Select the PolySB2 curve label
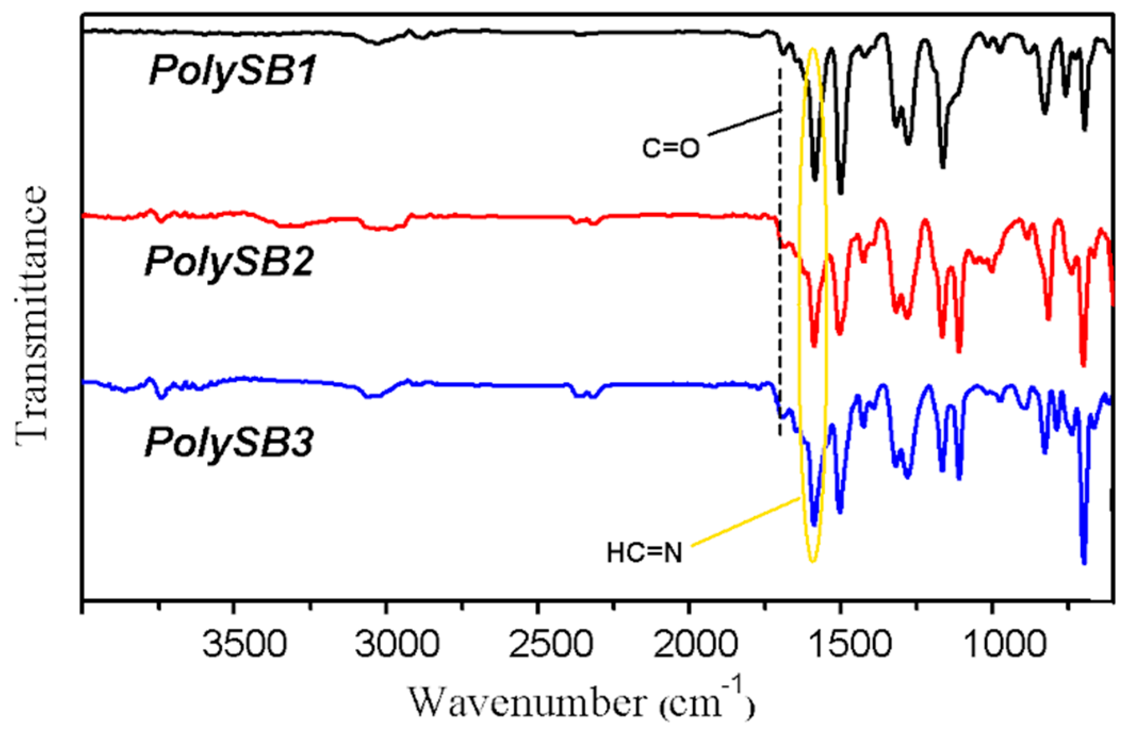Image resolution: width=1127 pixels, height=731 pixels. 229,262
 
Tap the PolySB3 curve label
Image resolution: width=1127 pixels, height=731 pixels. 229,443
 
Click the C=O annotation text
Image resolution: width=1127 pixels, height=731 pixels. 670,148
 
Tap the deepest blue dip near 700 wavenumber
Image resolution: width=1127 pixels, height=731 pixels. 1084,561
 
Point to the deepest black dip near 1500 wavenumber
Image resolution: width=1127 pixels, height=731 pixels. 841,192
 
